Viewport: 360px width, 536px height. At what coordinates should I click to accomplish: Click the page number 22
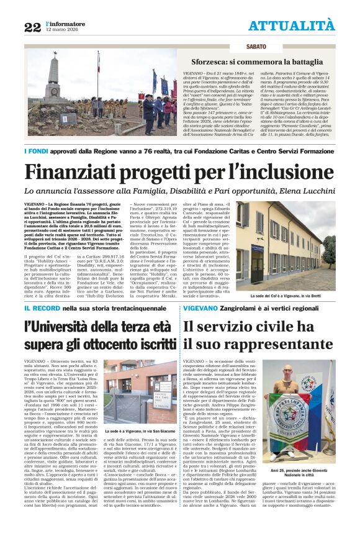pyautogui.click(x=32, y=27)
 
